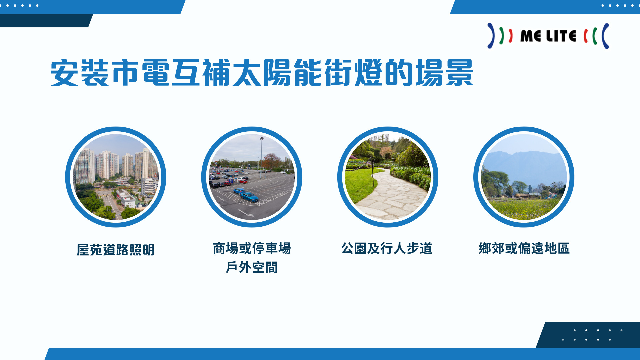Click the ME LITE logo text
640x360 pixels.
548,36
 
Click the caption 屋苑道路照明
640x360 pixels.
116,250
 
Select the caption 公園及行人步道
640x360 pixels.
387,248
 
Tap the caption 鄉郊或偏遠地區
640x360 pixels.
524,248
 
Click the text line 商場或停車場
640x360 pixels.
252,248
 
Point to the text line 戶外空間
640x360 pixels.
252,267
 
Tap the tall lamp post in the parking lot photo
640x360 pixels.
261,157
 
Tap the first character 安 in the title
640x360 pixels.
64,72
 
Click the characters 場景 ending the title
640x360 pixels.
444,72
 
